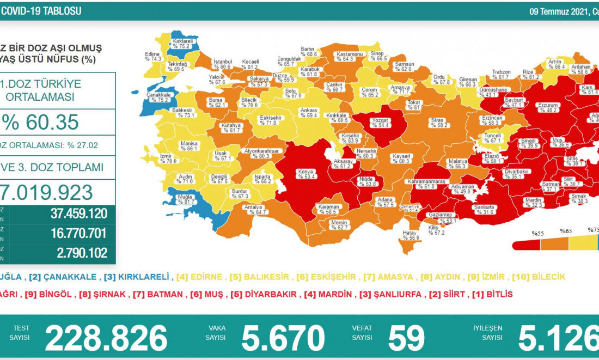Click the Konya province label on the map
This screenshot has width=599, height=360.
pos(305,174)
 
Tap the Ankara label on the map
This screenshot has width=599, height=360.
pos(309,113)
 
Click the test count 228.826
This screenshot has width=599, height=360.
pos(106,338)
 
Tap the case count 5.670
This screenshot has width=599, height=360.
pos(283,338)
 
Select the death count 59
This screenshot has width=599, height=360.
pos(406,338)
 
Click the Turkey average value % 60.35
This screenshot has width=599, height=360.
pos(44,123)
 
